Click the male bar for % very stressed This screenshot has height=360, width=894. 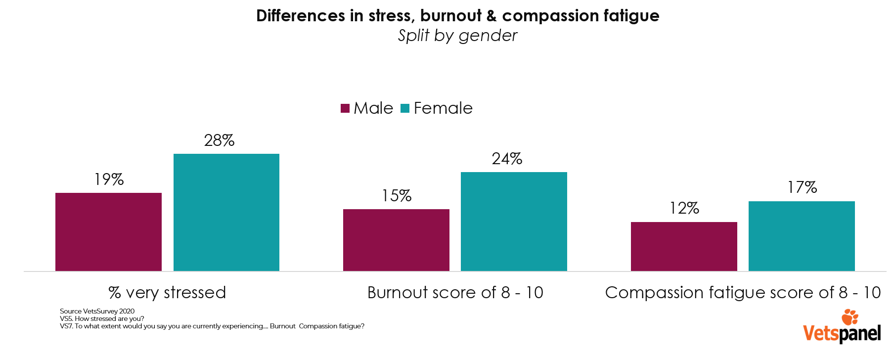click(108, 231)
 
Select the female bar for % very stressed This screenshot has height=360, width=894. click(226, 212)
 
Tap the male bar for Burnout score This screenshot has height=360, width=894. click(396, 240)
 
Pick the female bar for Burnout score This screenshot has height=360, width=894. click(514, 221)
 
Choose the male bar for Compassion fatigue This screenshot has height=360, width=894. click(684, 246)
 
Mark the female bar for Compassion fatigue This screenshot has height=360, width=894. click(802, 236)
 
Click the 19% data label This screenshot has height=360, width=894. click(109, 179)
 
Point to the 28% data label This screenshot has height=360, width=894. click(220, 140)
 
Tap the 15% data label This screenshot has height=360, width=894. click(396, 196)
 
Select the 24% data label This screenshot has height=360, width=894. click(507, 159)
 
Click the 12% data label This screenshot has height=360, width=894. click(684, 208)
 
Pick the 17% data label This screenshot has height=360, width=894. click(802, 187)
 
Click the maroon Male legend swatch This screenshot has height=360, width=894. click(345, 108)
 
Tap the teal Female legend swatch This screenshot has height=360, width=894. click(405, 108)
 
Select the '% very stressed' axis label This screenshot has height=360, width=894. click(167, 292)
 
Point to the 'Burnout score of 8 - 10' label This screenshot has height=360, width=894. click(455, 292)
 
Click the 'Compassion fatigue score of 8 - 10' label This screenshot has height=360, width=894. click(743, 292)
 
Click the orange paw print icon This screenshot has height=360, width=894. click(850, 317)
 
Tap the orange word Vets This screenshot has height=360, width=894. click(821, 333)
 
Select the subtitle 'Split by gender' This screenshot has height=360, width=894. click(457, 36)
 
